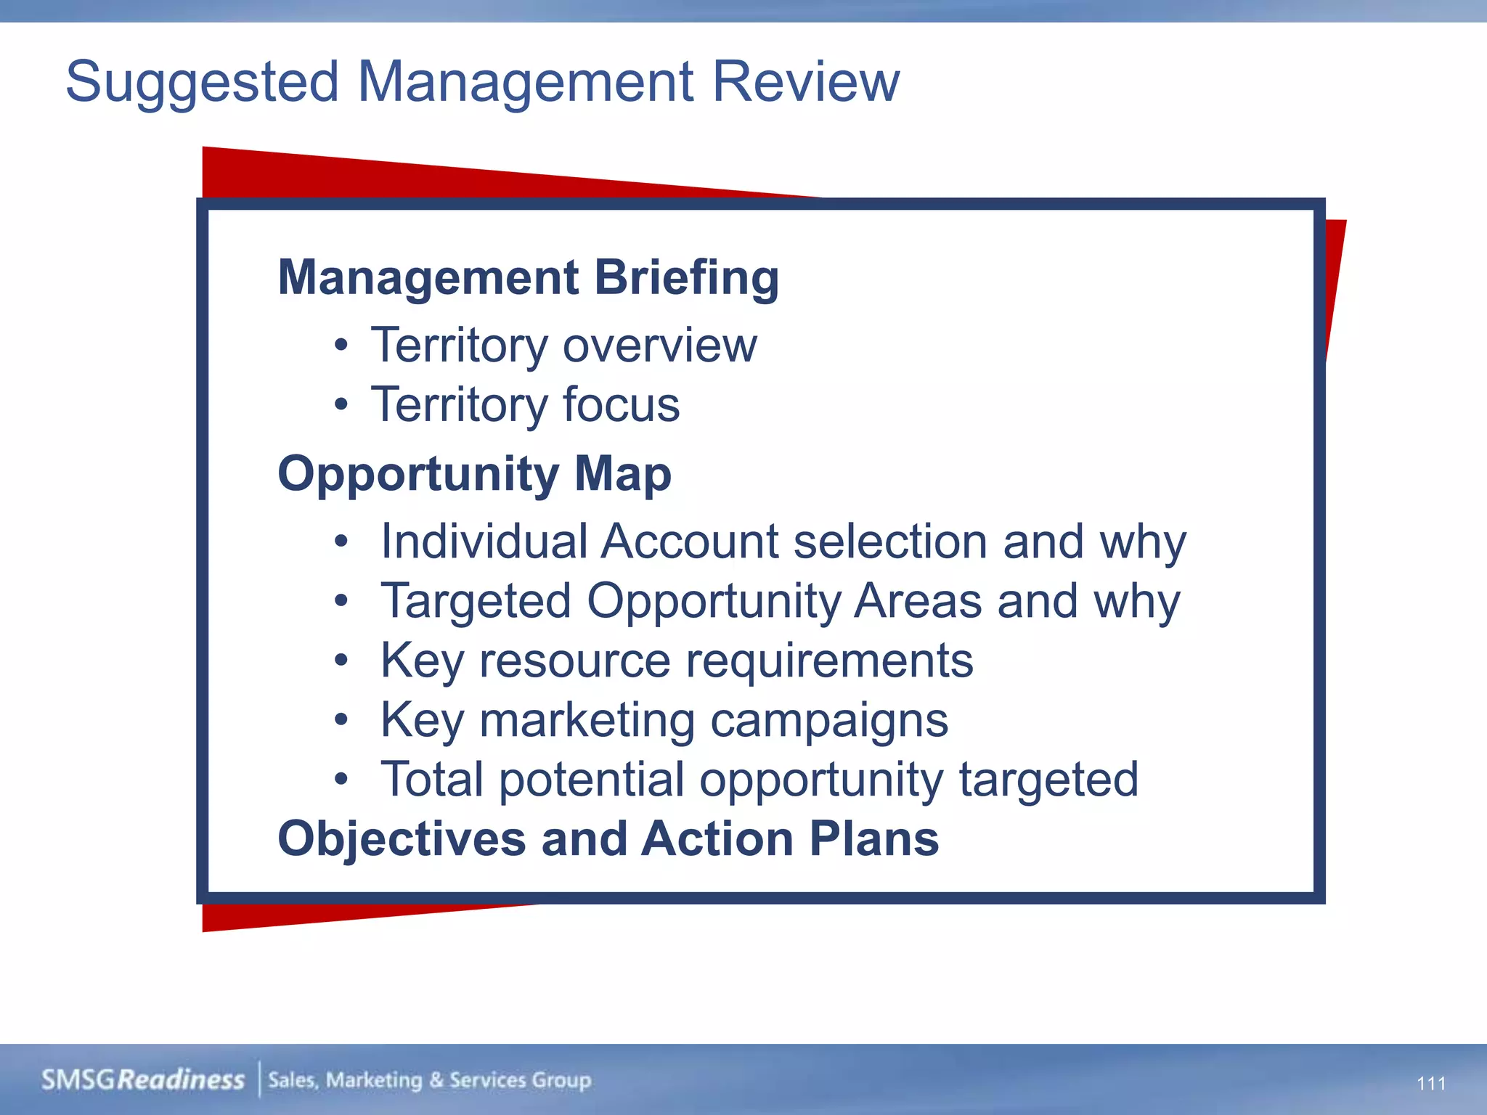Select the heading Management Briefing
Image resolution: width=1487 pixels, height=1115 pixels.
pos(529,277)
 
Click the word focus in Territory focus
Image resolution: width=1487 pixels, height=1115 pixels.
pos(621,404)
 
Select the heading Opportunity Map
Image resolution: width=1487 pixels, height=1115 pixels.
pos(474,473)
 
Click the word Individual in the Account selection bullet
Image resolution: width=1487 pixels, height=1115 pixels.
pos(484,542)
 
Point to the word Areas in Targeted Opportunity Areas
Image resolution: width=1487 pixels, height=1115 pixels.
pos(917,601)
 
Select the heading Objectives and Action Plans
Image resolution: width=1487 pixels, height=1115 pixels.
pos(608,838)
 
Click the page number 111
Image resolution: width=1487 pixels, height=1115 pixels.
pos(1430,1084)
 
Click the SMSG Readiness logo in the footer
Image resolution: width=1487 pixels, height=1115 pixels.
pos(142,1079)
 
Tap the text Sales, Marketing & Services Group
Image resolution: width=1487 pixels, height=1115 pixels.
pos(429,1080)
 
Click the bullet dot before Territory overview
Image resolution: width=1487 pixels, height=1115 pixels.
pos(341,346)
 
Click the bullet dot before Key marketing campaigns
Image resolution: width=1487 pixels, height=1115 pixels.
pos(341,720)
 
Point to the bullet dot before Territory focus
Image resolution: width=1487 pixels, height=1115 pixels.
pos(341,405)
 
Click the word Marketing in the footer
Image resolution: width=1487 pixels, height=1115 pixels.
pos(373,1080)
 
